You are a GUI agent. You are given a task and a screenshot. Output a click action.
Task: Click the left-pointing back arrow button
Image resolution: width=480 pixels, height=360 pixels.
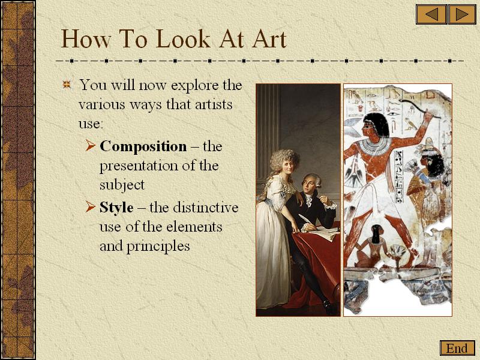pyautogui.click(x=431, y=14)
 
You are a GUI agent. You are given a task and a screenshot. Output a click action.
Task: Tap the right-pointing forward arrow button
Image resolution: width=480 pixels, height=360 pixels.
pyautogui.click(x=462, y=14)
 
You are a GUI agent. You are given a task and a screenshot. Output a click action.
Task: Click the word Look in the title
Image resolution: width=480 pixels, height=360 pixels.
pyautogui.click(x=183, y=39)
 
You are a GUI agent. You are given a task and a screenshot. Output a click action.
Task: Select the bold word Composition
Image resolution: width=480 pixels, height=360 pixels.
pyautogui.click(x=143, y=146)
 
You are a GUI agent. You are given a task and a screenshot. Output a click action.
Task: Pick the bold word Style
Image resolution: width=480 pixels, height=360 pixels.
pyautogui.click(x=116, y=208)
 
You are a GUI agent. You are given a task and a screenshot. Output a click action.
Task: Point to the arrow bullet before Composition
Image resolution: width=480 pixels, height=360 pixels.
pyautogui.click(x=91, y=145)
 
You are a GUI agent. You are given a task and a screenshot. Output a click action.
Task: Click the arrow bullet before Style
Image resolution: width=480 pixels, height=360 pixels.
pyautogui.click(x=91, y=206)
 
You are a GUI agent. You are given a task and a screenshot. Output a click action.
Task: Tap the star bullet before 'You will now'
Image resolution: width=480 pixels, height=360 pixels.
pyautogui.click(x=67, y=85)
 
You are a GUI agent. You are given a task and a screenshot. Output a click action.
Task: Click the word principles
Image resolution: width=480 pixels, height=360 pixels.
pyautogui.click(x=158, y=246)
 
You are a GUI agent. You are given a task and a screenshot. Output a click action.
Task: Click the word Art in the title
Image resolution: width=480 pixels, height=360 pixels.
pyautogui.click(x=269, y=39)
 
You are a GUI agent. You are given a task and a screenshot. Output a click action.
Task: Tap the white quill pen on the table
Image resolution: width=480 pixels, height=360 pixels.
pyautogui.click(x=305, y=220)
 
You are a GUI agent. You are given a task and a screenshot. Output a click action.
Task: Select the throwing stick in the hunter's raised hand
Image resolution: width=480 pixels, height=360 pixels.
pyautogui.click(x=419, y=108)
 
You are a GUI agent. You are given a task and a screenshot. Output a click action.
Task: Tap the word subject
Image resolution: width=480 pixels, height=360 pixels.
pyautogui.click(x=122, y=185)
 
